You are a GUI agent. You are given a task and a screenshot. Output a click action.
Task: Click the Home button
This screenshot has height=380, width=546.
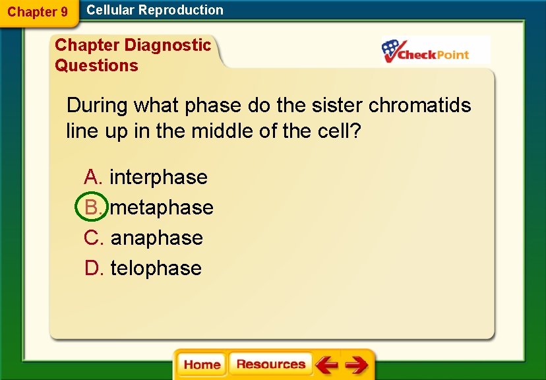pyautogui.click(x=202, y=365)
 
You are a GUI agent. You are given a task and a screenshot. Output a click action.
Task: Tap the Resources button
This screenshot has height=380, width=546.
pyautogui.click(x=270, y=365)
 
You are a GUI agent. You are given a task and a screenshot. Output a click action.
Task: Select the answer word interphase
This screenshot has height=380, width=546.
pyautogui.click(x=158, y=177)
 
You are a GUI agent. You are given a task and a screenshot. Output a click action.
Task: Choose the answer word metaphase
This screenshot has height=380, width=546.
pyautogui.click(x=162, y=207)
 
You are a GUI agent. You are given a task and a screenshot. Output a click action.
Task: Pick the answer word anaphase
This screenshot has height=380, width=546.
pyautogui.click(x=156, y=237)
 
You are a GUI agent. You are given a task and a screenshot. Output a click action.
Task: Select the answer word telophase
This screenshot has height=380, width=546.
pyautogui.click(x=156, y=268)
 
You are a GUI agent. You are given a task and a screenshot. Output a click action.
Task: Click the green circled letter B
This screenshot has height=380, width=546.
pyautogui.click(x=92, y=207)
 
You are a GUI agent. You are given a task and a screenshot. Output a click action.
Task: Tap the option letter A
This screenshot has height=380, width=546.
pyautogui.click(x=92, y=177)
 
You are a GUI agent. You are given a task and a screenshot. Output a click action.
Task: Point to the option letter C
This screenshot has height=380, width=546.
pyautogui.click(x=92, y=237)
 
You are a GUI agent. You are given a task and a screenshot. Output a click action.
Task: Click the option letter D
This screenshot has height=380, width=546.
pyautogui.click(x=92, y=268)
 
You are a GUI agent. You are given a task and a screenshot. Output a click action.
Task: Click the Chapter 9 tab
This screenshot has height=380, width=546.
pyautogui.click(x=38, y=12)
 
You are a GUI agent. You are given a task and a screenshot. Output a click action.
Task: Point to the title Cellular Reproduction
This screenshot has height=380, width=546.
pyautogui.click(x=155, y=10)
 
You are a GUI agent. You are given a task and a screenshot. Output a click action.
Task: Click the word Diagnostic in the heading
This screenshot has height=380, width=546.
pyautogui.click(x=167, y=45)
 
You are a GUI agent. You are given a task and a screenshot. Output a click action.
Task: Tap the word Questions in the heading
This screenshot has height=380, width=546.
pyautogui.click(x=96, y=65)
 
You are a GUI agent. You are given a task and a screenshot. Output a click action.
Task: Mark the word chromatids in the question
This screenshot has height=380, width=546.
pyautogui.click(x=420, y=105)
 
